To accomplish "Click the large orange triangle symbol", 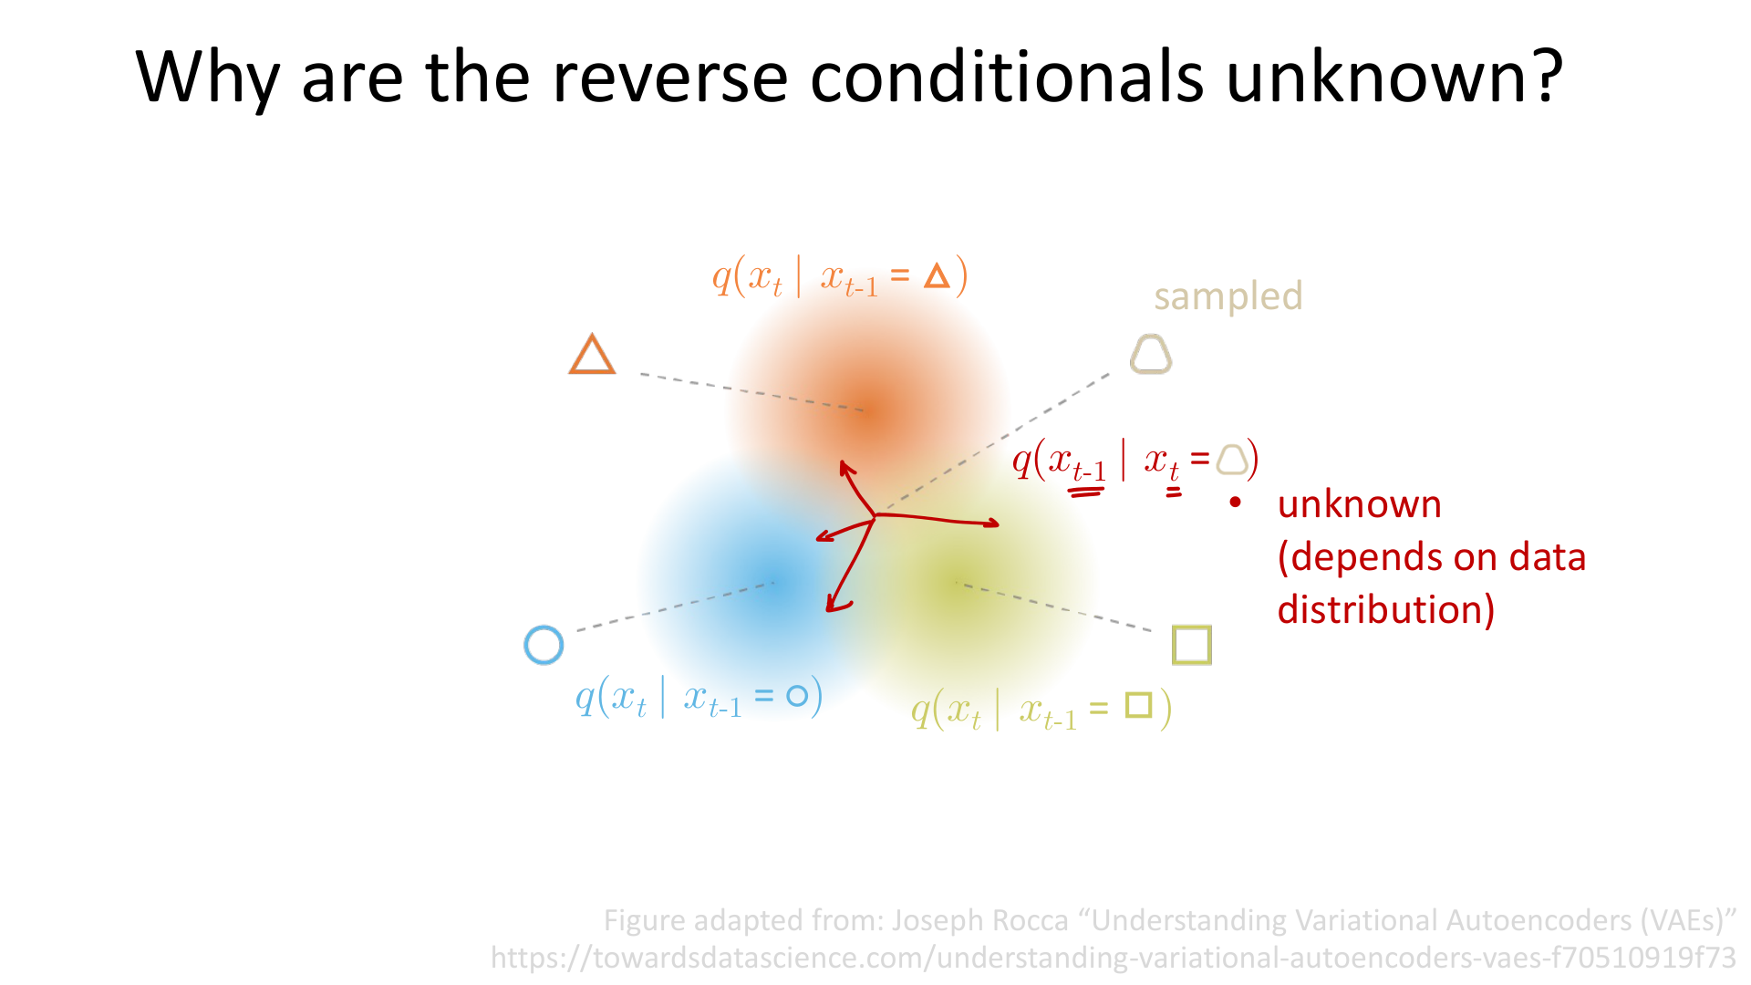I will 592,355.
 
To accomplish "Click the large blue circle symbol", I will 544,645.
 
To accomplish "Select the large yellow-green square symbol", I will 1191,645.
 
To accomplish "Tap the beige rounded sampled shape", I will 1151,354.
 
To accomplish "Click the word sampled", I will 1228,296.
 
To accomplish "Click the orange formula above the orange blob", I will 839,276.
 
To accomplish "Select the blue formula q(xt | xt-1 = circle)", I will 699,698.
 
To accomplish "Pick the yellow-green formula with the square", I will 1041,710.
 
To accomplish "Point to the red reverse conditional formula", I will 1135,460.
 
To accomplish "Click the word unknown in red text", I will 1359,504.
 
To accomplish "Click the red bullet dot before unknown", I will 1236,503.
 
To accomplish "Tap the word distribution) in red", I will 1385,609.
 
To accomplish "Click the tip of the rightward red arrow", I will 997,524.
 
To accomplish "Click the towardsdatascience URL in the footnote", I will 1113,958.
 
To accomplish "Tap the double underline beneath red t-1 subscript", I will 1086,493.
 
